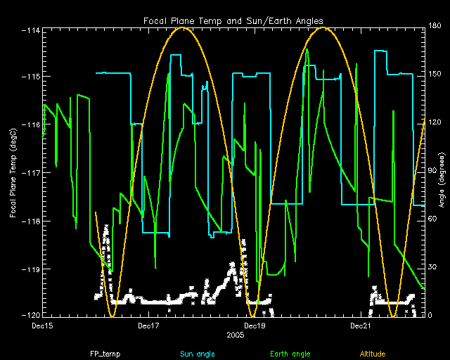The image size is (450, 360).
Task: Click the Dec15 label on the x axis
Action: (x=43, y=326)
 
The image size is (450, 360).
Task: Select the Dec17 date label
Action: (x=150, y=326)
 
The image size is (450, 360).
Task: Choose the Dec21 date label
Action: (x=360, y=326)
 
